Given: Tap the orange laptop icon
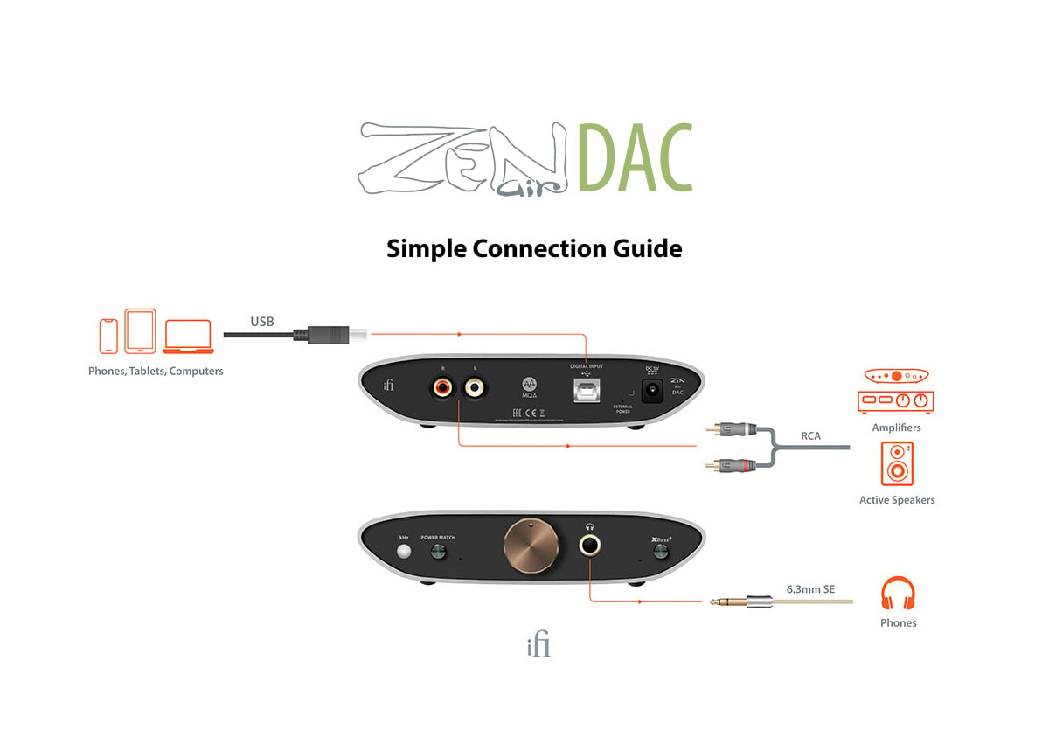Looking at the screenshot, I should click(188, 337).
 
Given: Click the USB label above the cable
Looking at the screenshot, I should click(261, 322).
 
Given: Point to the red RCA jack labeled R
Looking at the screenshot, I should click(440, 386).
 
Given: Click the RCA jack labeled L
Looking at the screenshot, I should click(476, 386).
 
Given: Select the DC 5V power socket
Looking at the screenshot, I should click(651, 393).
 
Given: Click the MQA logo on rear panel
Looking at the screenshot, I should click(529, 386).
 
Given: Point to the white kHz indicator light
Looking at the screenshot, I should click(403, 552).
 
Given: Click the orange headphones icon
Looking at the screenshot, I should click(898, 595).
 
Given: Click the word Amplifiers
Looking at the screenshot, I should click(896, 428).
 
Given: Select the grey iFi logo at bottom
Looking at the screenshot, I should click(538, 647).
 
